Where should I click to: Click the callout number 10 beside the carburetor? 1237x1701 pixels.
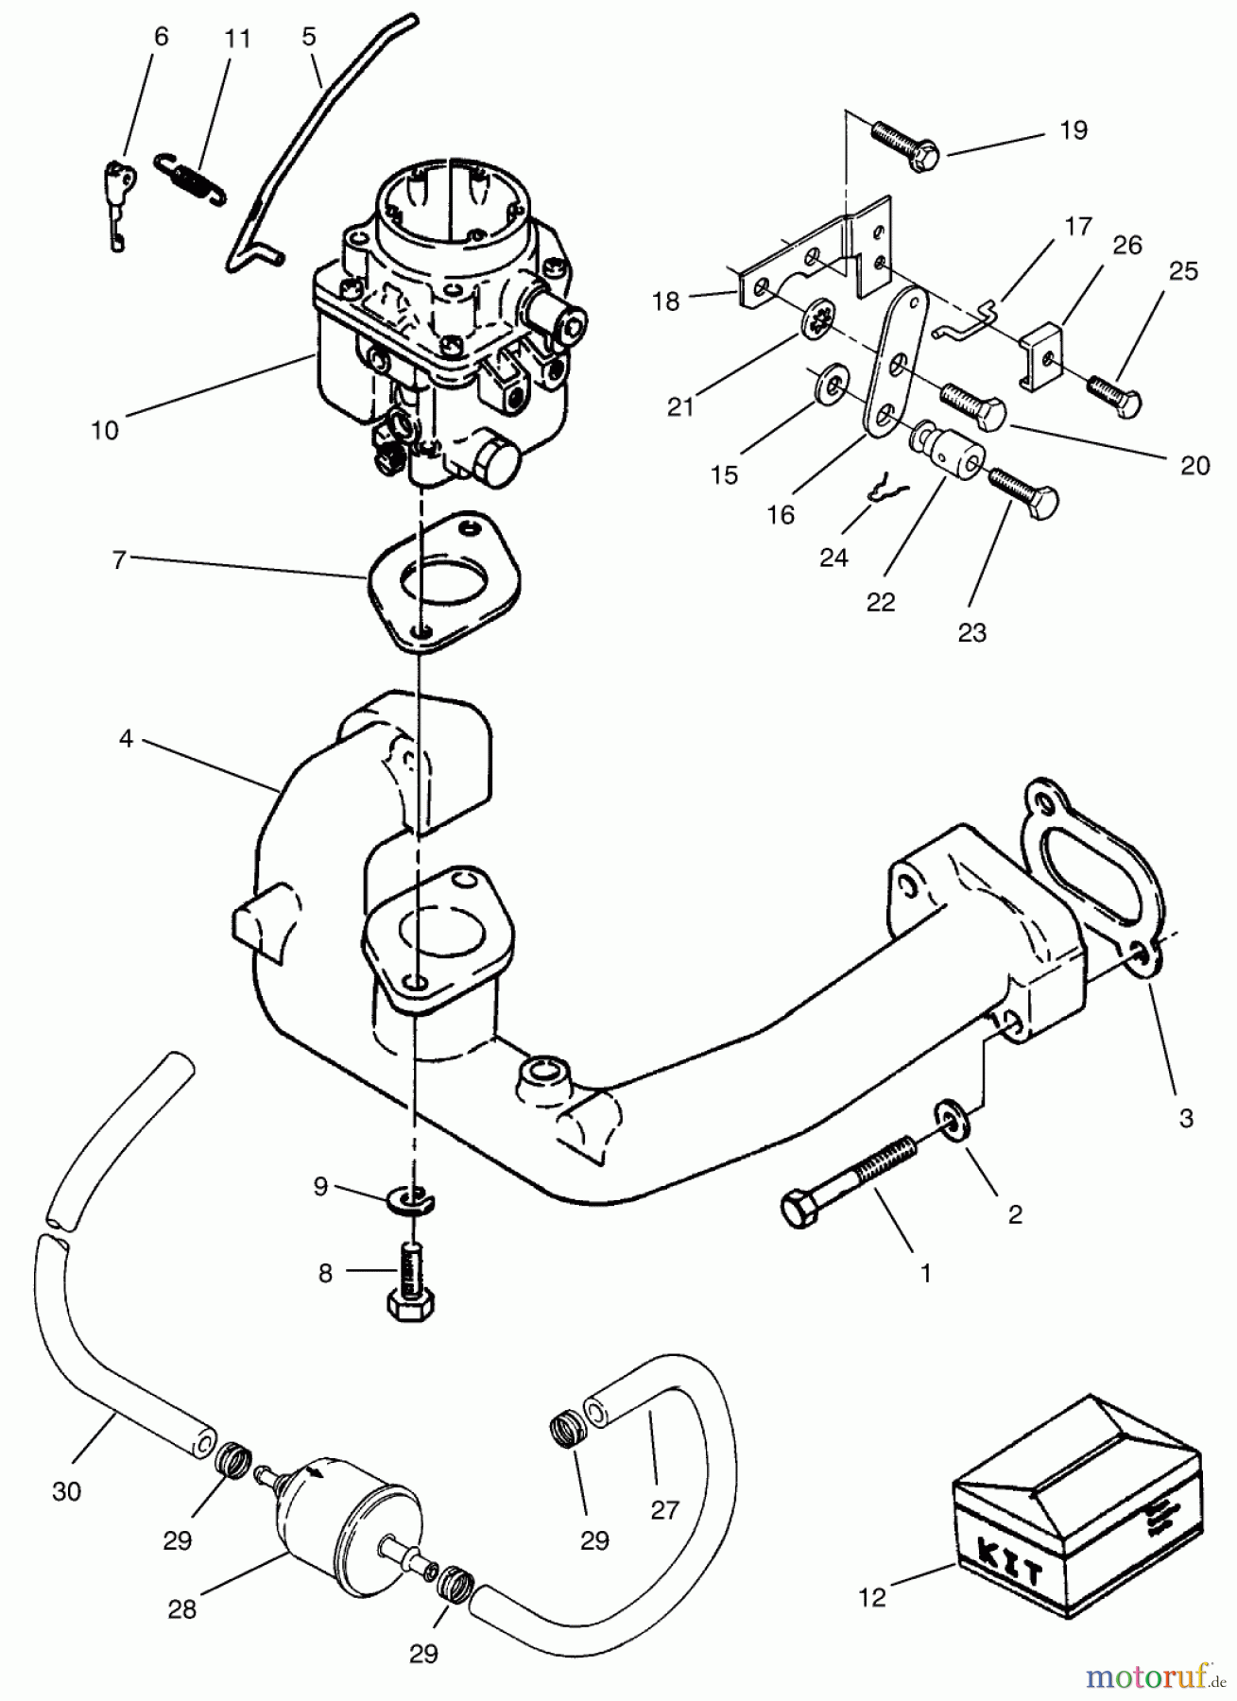(105, 430)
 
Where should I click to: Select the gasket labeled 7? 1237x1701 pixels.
(444, 583)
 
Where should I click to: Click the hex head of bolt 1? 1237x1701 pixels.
(799, 1211)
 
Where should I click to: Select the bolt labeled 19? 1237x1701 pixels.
(903, 147)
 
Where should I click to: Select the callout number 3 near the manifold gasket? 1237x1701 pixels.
(1186, 1119)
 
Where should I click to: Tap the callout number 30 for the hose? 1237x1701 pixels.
(66, 1491)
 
